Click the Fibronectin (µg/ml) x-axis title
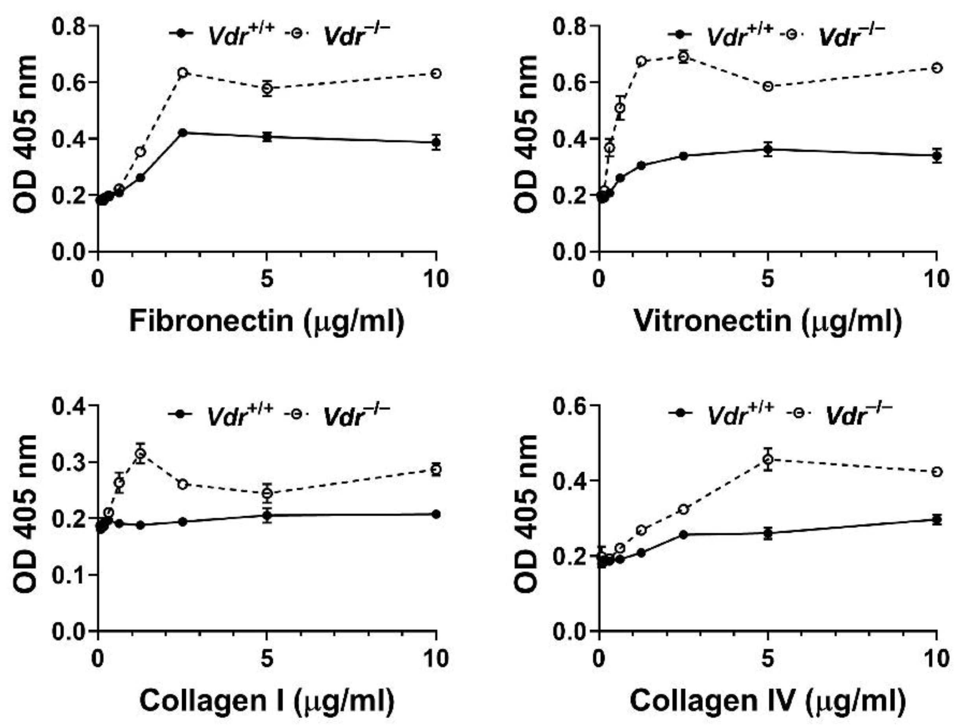(267, 321)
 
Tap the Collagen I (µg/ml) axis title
(267, 701)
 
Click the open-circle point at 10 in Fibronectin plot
(436, 73)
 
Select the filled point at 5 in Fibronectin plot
(267, 137)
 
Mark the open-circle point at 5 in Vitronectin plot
(768, 86)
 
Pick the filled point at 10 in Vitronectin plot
(936, 156)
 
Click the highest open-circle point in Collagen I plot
(140, 453)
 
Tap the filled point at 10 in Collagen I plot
(436, 514)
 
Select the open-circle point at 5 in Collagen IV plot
(768, 459)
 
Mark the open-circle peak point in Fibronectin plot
(183, 72)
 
